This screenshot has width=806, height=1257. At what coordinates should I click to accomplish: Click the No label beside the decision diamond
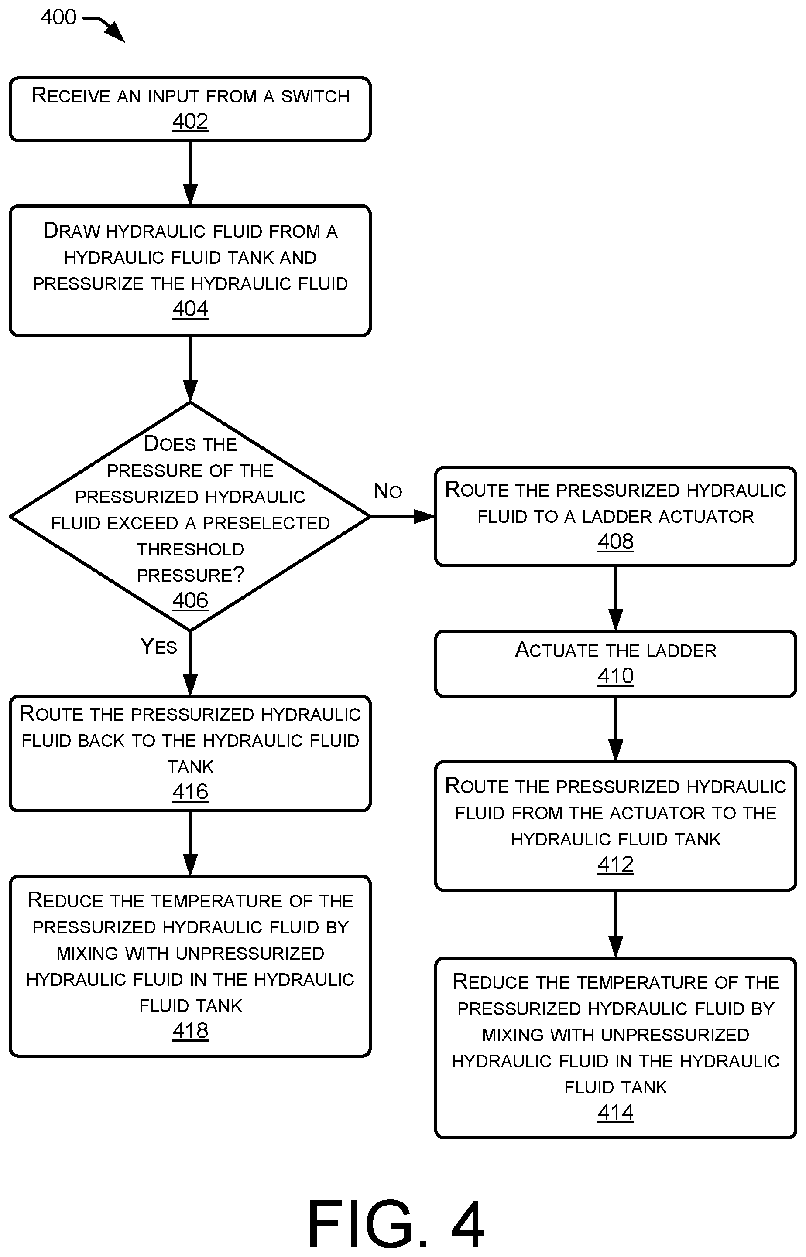388,491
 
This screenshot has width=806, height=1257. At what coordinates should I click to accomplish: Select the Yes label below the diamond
158,646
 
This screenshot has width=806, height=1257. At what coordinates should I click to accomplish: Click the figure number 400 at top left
58,17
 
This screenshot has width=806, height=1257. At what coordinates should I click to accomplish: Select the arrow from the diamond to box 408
402,517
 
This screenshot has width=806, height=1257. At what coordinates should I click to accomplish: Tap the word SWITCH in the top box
315,96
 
